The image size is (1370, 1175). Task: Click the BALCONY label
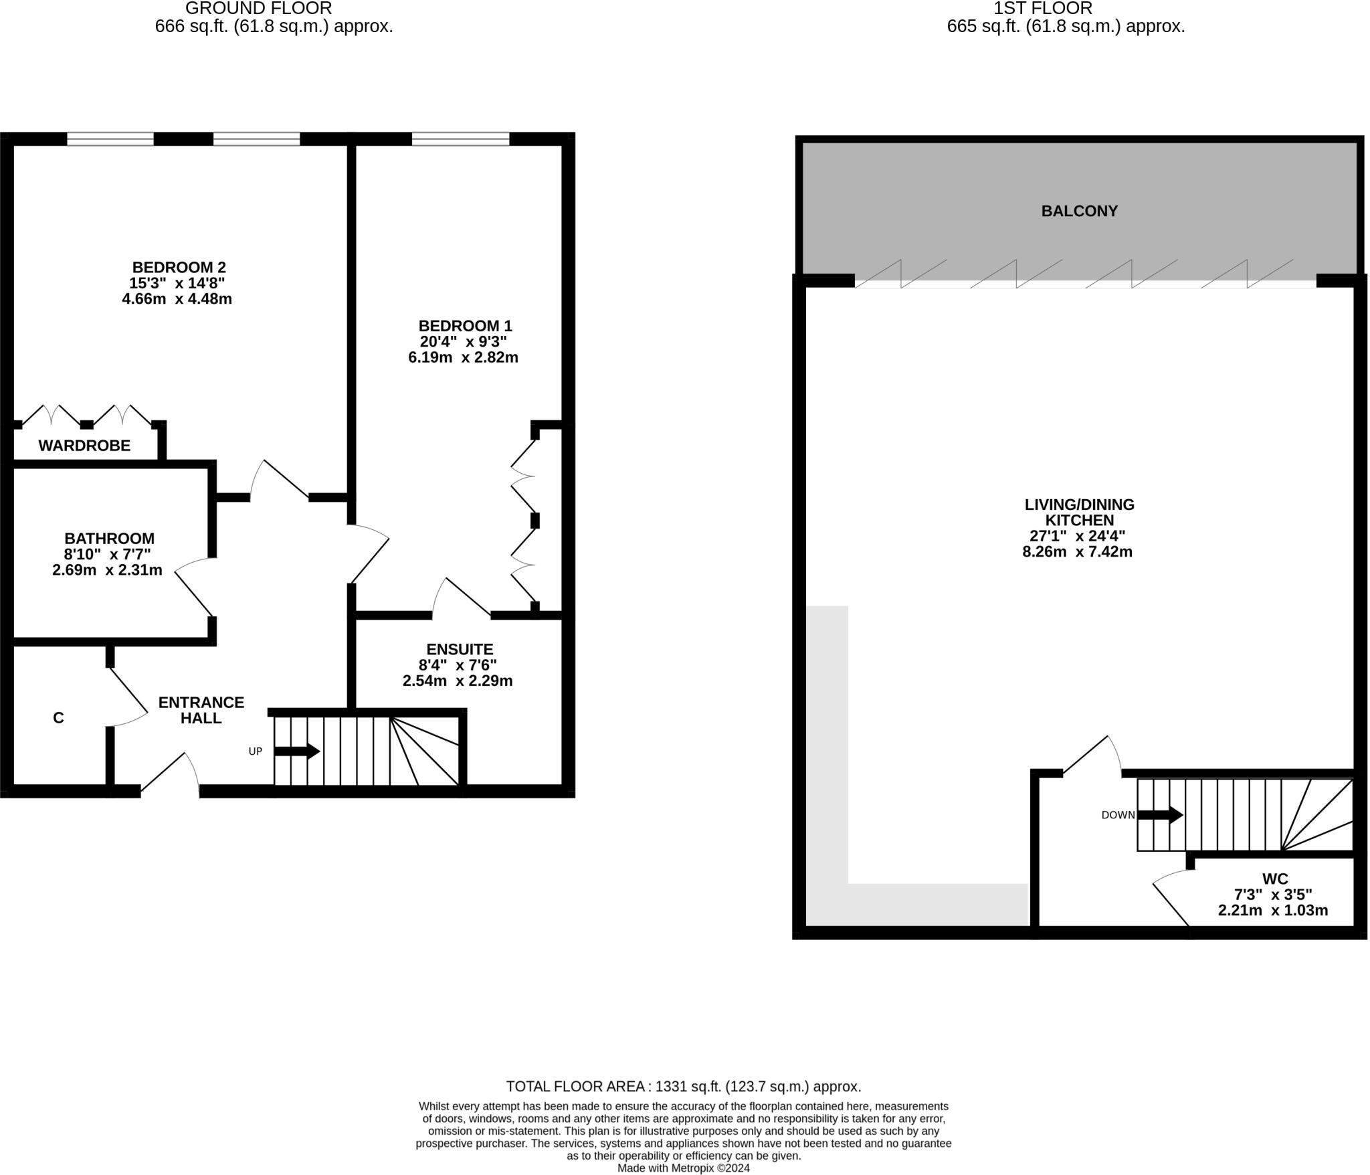pyautogui.click(x=1079, y=211)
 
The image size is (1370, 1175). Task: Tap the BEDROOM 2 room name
pyautogui.click(x=179, y=267)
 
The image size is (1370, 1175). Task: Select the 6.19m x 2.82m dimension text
pyautogui.click(x=463, y=357)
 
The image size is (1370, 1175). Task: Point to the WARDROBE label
pyautogui.click(x=84, y=446)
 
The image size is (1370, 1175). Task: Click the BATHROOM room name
pyautogui.click(x=109, y=539)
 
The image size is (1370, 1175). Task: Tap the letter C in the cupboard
pyautogui.click(x=58, y=718)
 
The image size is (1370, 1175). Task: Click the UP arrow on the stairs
pyautogui.click(x=297, y=751)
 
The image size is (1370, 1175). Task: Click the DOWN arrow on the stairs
pyautogui.click(x=1160, y=815)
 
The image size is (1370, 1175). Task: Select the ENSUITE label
pyautogui.click(x=460, y=650)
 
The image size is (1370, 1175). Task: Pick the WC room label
pyautogui.click(x=1274, y=879)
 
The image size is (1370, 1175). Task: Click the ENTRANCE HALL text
pyautogui.click(x=201, y=710)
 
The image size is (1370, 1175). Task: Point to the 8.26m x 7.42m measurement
pyautogui.click(x=1077, y=552)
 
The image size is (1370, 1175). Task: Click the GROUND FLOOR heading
pyautogui.click(x=258, y=9)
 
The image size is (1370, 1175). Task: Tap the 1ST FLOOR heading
pyautogui.click(x=1042, y=9)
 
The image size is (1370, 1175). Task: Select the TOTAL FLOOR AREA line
pyautogui.click(x=683, y=1087)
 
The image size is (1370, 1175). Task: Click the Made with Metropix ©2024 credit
pyautogui.click(x=683, y=1168)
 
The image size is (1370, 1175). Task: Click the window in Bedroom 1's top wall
pyautogui.click(x=460, y=139)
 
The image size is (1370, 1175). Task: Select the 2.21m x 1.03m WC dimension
pyautogui.click(x=1272, y=911)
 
